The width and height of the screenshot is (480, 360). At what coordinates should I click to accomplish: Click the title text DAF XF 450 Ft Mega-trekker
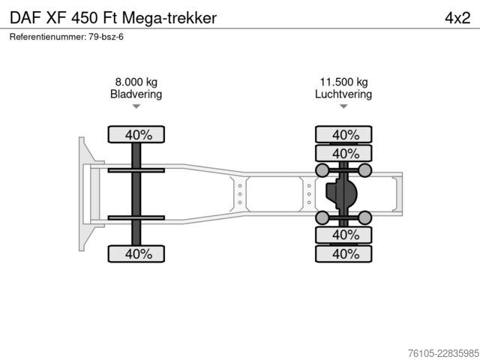click(x=113, y=18)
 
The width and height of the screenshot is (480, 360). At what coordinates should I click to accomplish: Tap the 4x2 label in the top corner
click(x=457, y=18)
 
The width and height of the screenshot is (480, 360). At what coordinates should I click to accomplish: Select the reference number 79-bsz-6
click(x=106, y=37)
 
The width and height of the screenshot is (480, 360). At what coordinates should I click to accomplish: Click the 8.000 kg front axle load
click(x=136, y=82)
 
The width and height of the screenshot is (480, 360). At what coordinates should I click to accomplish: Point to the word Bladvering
click(x=136, y=94)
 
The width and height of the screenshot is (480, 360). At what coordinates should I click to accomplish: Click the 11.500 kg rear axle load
click(x=343, y=82)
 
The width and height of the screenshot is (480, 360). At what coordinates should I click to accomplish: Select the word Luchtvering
click(x=343, y=94)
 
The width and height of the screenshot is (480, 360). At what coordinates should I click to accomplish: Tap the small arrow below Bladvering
click(x=136, y=106)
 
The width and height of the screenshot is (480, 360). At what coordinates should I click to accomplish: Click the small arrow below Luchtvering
click(x=343, y=106)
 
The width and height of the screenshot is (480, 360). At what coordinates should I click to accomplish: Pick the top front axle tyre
click(x=136, y=135)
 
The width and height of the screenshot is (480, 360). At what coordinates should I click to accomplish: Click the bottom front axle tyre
click(x=136, y=253)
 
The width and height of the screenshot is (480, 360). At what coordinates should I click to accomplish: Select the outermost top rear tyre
click(x=343, y=135)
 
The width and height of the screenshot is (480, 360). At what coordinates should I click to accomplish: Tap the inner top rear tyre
click(x=343, y=153)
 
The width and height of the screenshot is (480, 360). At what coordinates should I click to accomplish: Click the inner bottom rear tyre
click(x=343, y=235)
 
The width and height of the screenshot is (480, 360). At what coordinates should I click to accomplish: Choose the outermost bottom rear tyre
click(x=343, y=253)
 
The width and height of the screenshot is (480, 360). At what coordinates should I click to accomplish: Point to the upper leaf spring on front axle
click(x=136, y=170)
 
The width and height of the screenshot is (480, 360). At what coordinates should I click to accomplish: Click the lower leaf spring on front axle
click(x=136, y=217)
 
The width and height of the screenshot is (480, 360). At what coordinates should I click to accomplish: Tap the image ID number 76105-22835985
click(x=443, y=353)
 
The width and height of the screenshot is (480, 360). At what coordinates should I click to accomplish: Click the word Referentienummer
click(x=48, y=37)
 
